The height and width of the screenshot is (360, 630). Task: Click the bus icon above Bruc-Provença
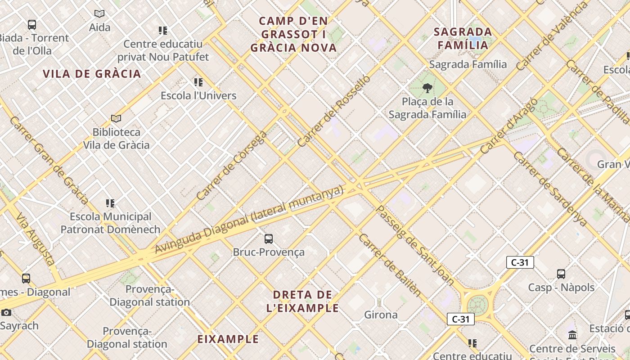[269, 239]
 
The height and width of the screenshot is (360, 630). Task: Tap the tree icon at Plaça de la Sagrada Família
[427, 88]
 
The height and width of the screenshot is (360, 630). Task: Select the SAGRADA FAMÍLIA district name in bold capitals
[463, 38]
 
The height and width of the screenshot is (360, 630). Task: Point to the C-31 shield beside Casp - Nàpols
[520, 262]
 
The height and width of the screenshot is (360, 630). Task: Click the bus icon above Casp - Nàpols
[561, 274]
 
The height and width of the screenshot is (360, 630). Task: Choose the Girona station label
[381, 315]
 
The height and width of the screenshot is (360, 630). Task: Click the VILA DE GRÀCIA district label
[92, 74]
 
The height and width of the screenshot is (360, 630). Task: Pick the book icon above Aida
[99, 14]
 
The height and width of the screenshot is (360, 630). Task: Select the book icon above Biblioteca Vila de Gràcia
[116, 118]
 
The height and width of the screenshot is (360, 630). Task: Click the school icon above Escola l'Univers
[198, 82]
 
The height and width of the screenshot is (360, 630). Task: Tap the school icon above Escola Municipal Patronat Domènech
[110, 203]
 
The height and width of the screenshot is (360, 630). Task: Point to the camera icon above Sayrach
[6, 312]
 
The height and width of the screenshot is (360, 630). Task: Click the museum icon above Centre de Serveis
[572, 335]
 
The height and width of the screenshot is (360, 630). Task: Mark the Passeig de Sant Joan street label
[414, 245]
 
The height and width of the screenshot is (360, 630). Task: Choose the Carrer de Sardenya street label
[550, 189]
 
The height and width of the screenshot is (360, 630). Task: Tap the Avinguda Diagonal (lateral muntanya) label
[249, 220]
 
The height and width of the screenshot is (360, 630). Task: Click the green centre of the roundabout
[478, 304]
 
